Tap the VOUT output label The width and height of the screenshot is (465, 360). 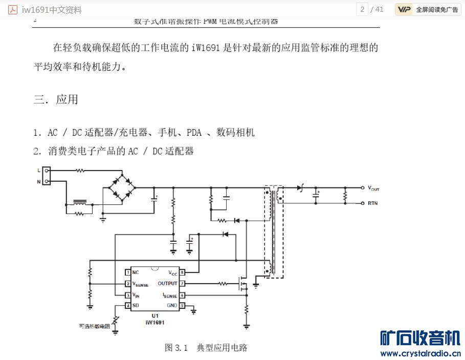pos(373,188)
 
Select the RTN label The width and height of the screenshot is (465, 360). pos(372,203)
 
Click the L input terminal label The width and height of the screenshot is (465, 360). pos(38,170)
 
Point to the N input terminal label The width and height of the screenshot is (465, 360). pos(38,181)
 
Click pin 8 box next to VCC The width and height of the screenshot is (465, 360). pos(182,272)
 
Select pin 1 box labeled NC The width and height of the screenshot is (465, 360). pos(128,272)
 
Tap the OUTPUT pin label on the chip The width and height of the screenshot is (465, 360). pos(167,283)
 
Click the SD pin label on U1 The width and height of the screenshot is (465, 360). pos(136,305)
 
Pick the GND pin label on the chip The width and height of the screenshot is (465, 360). pos(171,305)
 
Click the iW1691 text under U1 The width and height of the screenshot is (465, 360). pos(154,322)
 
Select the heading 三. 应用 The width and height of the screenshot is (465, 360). pos(56,99)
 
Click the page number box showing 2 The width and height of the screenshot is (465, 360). pos(362,9)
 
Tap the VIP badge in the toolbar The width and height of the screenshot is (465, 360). pos(404,9)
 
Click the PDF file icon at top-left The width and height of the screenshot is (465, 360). pos(13,10)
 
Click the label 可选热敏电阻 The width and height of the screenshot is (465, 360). pos(95,326)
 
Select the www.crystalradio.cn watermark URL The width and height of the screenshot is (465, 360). pos(420,353)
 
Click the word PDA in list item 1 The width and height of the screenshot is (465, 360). pos(194,133)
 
